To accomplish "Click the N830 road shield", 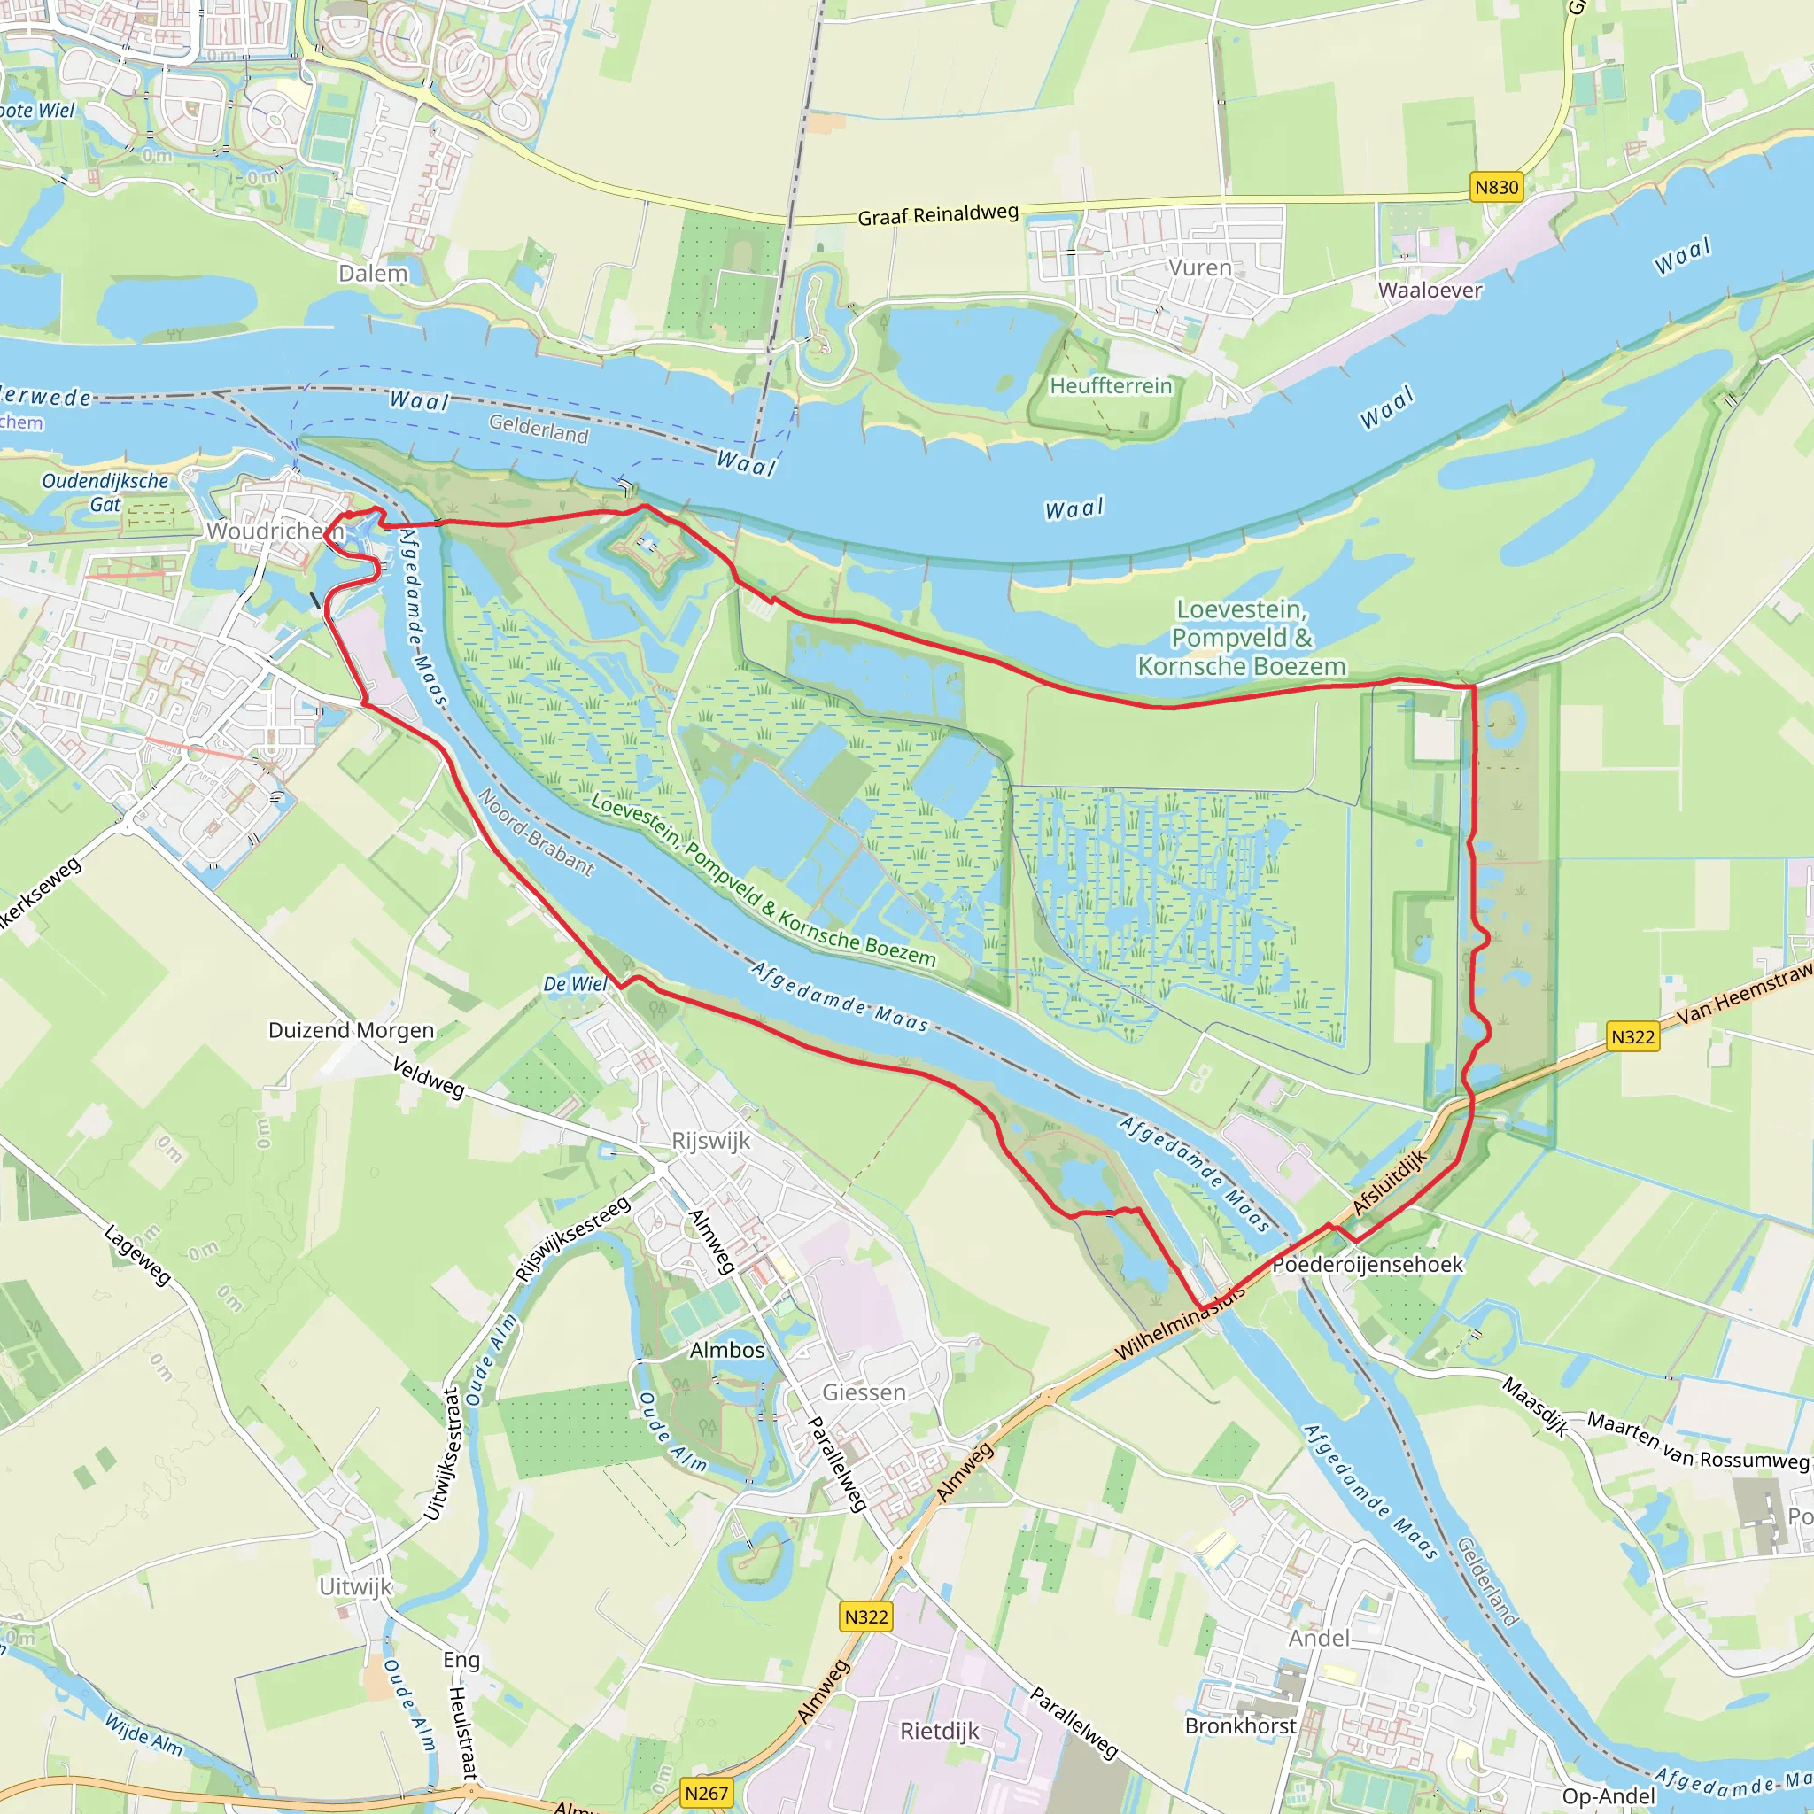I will pyautogui.click(x=1496, y=187).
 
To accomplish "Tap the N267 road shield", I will pyautogui.click(x=706, y=1793).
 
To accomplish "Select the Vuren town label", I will pyautogui.click(x=1200, y=267).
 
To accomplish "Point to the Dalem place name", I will pyautogui.click(x=373, y=273).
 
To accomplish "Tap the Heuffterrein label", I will pyautogui.click(x=1111, y=386).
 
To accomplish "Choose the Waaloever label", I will pyautogui.click(x=1430, y=291).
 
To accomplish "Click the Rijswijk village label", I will pyautogui.click(x=710, y=1141).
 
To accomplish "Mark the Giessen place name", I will pyautogui.click(x=864, y=1392).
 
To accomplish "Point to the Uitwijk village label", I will pyautogui.click(x=355, y=1586).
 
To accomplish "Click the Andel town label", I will pyautogui.click(x=1318, y=1639).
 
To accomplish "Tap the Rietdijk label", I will pyautogui.click(x=939, y=1731).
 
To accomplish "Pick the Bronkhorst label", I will pyautogui.click(x=1240, y=1725).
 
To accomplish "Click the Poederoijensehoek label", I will pyautogui.click(x=1367, y=1265).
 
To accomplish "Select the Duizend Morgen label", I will pyautogui.click(x=351, y=1030).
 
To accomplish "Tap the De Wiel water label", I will pyautogui.click(x=576, y=984).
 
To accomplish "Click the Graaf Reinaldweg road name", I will pyautogui.click(x=938, y=214).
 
